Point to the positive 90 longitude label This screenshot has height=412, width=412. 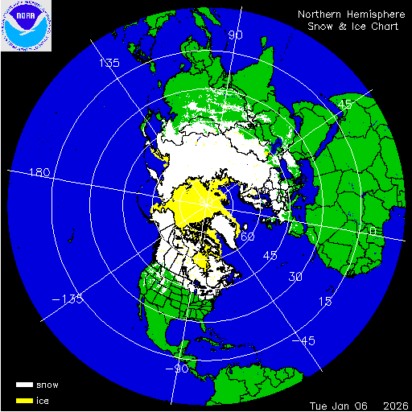[236, 35]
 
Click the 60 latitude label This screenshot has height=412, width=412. [248, 237]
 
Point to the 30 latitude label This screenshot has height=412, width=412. [295, 276]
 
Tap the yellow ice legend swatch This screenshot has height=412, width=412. [23, 400]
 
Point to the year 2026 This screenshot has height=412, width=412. [393, 403]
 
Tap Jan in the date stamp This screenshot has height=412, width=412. [345, 403]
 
